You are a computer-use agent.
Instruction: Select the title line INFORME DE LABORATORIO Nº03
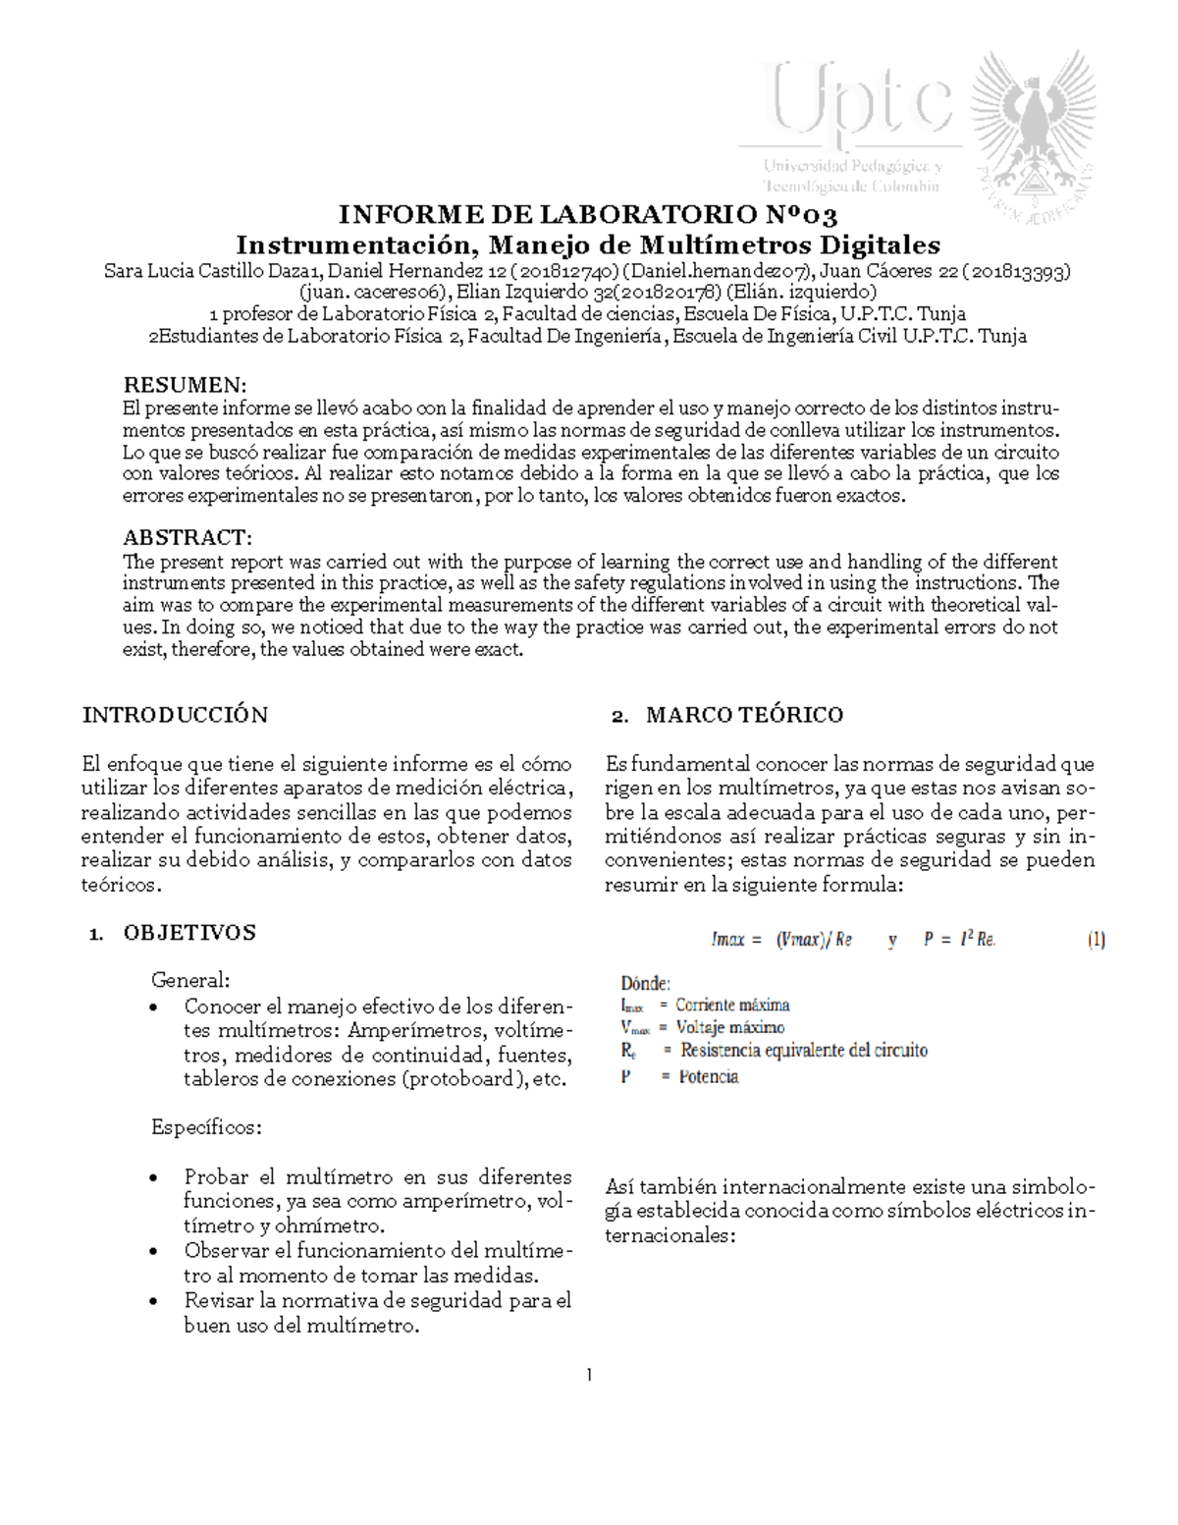(x=587, y=215)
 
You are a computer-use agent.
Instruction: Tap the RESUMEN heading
(x=184, y=383)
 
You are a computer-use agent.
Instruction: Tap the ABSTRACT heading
(x=187, y=537)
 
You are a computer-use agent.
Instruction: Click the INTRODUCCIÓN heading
(x=175, y=714)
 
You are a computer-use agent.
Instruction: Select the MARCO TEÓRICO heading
(x=744, y=715)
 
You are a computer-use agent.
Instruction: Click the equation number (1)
(x=1096, y=940)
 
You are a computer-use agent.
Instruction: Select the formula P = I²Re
(x=959, y=940)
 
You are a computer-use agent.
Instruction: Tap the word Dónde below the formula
(x=645, y=982)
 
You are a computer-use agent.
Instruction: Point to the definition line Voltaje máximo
(x=702, y=1027)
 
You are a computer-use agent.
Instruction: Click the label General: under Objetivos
(x=190, y=979)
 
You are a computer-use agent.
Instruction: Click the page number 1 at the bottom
(x=589, y=1374)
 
